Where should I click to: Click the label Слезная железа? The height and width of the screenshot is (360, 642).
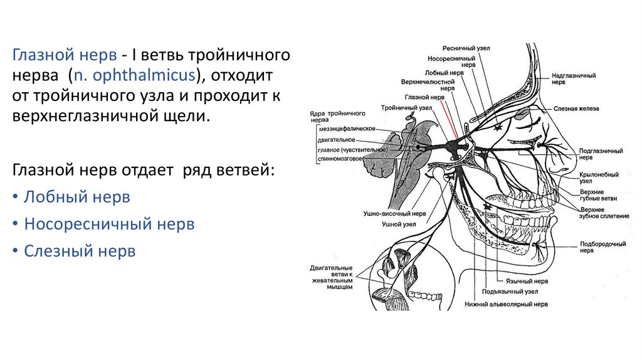pos(576,109)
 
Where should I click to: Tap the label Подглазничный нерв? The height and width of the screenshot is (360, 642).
pos(601,154)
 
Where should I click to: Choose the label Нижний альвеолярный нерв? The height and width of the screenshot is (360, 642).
pos(506,304)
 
